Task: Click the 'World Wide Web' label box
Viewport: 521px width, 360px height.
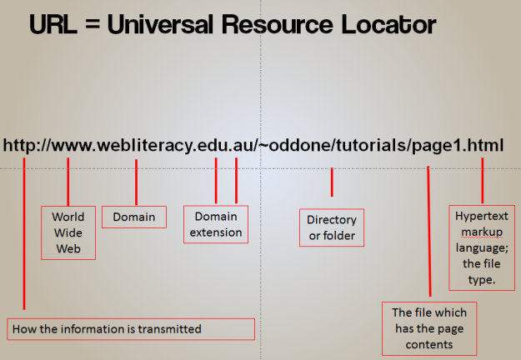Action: click(68, 232)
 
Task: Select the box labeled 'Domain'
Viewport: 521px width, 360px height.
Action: click(134, 217)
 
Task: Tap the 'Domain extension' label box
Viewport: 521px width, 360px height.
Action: click(216, 224)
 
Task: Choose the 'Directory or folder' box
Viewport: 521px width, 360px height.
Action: click(331, 227)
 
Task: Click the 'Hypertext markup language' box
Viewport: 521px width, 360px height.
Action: click(481, 247)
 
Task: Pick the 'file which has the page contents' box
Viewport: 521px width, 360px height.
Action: click(429, 327)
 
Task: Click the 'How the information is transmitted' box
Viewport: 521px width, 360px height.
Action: click(131, 329)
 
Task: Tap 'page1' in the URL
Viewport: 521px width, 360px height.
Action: click(434, 146)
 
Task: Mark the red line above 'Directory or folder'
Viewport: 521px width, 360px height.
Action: click(332, 182)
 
